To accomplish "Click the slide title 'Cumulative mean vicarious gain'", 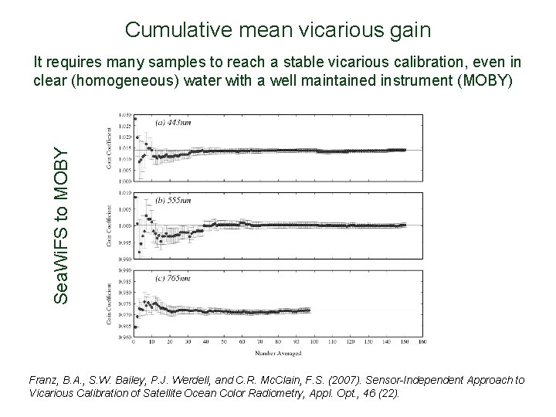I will click(x=278, y=30).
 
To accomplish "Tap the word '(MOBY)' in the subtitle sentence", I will click(x=485, y=80).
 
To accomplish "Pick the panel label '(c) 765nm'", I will click(x=175, y=276).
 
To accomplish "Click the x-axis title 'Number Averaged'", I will click(x=281, y=354).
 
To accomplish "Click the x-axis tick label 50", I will click(x=224, y=341).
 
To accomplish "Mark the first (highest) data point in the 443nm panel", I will click(x=136, y=118).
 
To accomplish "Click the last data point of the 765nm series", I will click(x=309, y=310).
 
